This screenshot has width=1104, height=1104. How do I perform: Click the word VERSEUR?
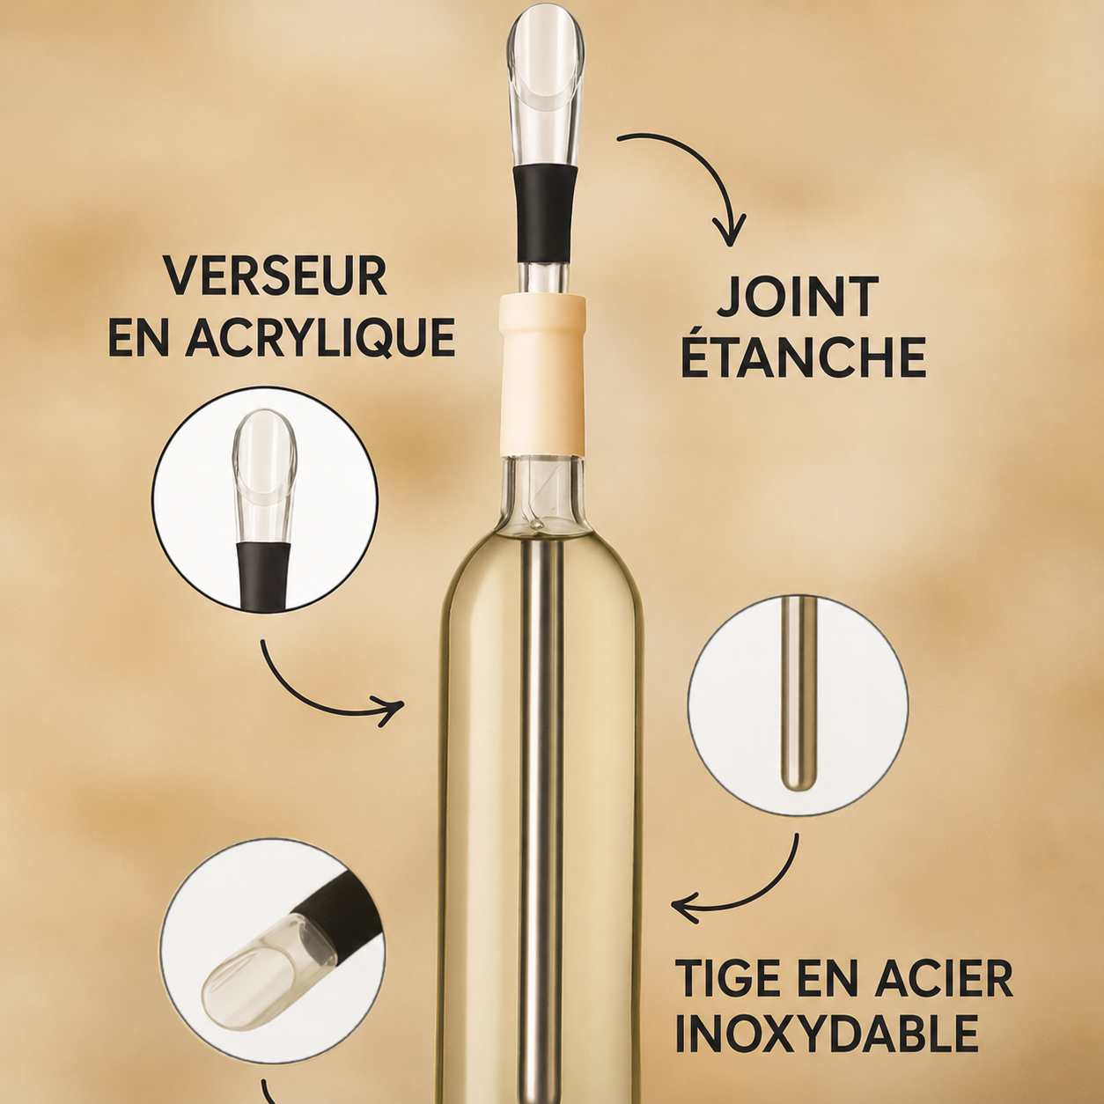pos(276,276)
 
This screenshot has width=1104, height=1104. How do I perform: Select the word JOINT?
pos(798,298)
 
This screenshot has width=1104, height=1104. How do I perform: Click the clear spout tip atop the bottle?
pos(546,86)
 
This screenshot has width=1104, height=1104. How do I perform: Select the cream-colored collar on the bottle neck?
pos(542,375)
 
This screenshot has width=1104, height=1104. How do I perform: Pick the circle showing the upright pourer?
pos(265,498)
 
